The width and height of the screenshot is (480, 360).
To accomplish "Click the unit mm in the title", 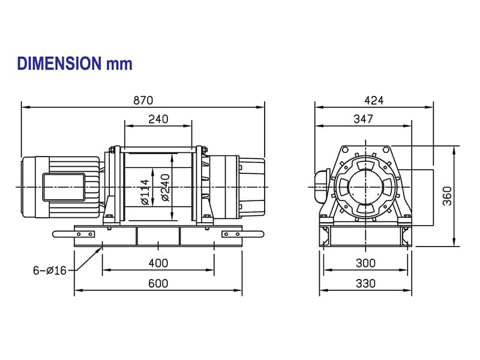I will [119, 64].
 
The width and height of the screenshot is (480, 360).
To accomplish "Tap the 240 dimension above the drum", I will [158, 119].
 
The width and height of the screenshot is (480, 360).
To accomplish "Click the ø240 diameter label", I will [164, 187].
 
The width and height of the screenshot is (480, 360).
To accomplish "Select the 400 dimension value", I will [158, 263].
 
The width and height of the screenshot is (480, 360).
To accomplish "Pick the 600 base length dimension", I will [158, 283].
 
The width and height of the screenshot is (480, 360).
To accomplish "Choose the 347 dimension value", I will [363, 119].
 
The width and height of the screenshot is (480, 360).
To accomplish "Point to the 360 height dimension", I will [448, 196].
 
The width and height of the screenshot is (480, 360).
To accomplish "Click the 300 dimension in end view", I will [365, 263].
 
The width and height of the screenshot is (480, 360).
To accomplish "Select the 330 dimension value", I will [365, 283].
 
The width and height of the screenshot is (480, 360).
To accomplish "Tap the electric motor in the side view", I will [60, 186].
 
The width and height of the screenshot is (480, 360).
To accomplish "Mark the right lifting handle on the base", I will [240, 234].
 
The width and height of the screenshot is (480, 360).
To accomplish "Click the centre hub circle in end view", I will [365, 187].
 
